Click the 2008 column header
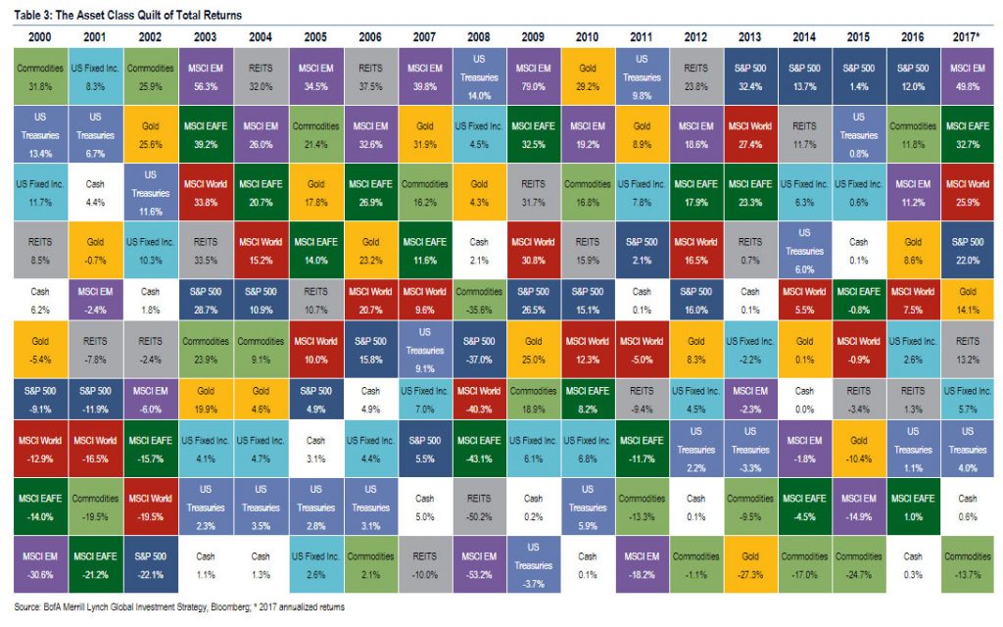click(478, 36)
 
